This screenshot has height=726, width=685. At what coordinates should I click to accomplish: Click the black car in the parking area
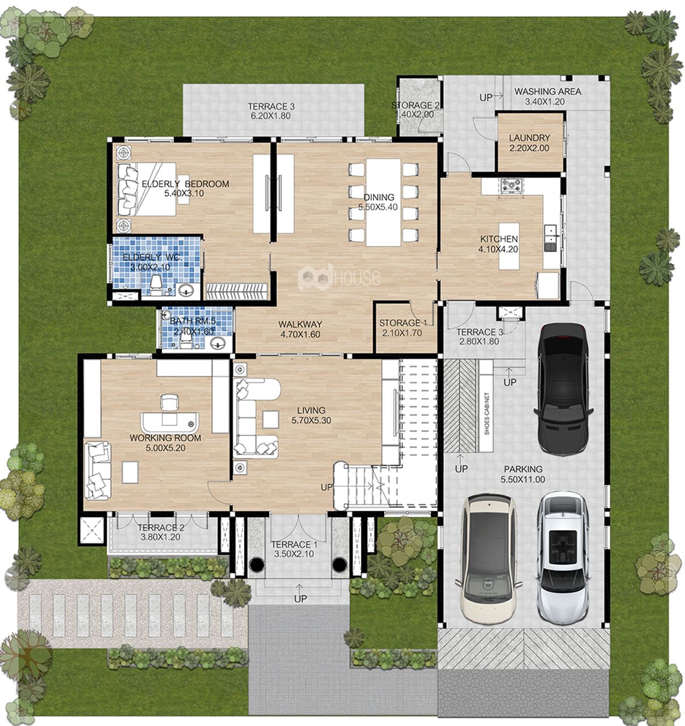coord(564,388)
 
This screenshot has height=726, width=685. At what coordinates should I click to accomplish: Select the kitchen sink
coord(550,237)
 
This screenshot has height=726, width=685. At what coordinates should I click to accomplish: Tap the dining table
coord(383,203)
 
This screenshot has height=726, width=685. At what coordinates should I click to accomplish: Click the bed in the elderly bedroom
coord(146,189)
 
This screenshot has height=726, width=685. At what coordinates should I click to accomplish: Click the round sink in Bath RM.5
coord(219,343)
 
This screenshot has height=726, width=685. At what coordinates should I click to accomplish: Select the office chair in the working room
coord(170,402)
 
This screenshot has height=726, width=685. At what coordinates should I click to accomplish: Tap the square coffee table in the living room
coord(270,419)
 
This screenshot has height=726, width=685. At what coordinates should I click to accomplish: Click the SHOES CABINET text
coord(487,414)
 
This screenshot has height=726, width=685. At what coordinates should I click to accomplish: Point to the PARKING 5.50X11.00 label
coord(523,474)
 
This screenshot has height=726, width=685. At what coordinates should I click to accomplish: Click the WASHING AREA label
coord(547,96)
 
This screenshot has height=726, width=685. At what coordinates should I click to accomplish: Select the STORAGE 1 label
coord(402,328)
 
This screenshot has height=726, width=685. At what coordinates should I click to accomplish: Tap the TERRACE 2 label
coord(161,533)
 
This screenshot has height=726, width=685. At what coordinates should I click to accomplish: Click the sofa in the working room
coord(97,470)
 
